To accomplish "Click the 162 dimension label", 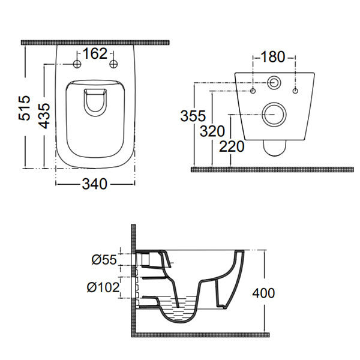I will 95,55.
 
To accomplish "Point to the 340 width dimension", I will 95,185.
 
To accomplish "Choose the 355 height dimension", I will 193,116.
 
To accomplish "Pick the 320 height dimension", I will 213,131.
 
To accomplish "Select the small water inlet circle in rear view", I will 274,82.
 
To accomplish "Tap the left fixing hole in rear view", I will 253,91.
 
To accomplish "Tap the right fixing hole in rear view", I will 296,91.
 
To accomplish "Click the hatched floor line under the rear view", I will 274,169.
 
